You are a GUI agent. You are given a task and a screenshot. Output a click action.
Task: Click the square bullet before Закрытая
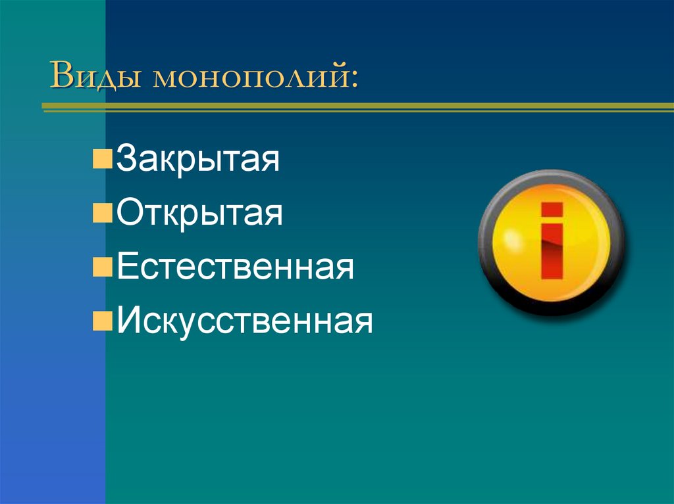click(102, 160)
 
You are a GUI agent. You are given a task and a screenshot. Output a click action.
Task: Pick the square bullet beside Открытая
click(102, 214)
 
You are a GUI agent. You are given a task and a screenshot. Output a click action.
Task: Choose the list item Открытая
click(199, 215)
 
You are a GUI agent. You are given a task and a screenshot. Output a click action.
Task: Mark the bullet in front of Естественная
click(102, 268)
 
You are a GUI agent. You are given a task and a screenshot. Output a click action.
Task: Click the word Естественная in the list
click(235, 268)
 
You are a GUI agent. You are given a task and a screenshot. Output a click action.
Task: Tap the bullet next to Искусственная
click(102, 322)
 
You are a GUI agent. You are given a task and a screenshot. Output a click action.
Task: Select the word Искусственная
click(244, 322)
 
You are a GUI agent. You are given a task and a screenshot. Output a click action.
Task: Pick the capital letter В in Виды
click(64, 77)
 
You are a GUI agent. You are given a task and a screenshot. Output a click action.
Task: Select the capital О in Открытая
click(128, 215)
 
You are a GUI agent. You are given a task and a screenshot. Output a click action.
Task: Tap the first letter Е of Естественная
click(126, 268)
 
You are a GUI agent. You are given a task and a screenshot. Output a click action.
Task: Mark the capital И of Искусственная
click(128, 322)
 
